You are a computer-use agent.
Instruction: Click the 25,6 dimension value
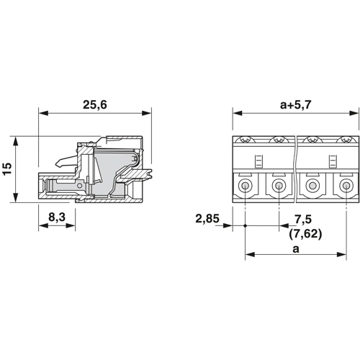[95, 105]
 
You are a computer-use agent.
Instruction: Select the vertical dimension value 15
[7, 169]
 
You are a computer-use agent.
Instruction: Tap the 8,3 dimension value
[57, 217]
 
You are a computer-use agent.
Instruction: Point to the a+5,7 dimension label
[295, 105]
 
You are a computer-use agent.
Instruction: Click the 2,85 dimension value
[207, 219]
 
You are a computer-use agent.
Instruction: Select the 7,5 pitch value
[303, 220]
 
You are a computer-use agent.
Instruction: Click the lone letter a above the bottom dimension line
[296, 249]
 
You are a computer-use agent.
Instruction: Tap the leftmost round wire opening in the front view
[245, 186]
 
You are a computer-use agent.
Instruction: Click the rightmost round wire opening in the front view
[346, 186]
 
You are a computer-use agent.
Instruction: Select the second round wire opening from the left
[279, 186]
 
